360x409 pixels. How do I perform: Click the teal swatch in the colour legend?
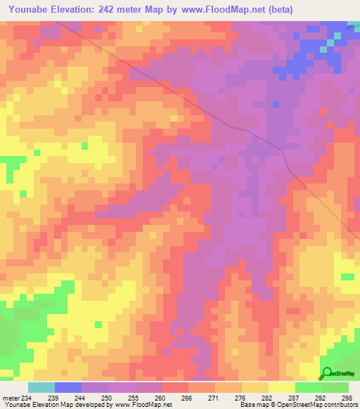click(41, 387)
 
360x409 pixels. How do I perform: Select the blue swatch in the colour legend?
click(67, 387)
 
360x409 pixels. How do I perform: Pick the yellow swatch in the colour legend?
click(281, 387)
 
